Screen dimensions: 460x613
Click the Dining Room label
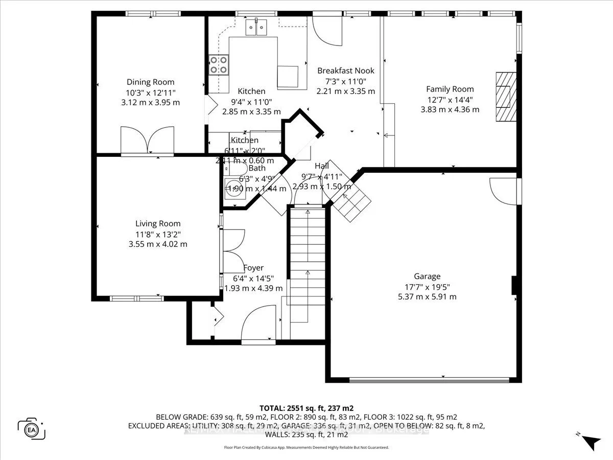[151, 82]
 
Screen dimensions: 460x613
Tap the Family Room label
[450, 89]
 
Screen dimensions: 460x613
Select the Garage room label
[428, 277]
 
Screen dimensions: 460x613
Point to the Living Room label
[158, 223]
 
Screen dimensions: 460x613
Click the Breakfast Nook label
[346, 71]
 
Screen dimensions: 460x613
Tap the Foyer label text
[253, 268]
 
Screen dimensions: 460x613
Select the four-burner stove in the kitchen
[219, 65]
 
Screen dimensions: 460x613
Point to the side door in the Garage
[503, 190]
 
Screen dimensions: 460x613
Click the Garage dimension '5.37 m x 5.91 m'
[428, 296]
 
